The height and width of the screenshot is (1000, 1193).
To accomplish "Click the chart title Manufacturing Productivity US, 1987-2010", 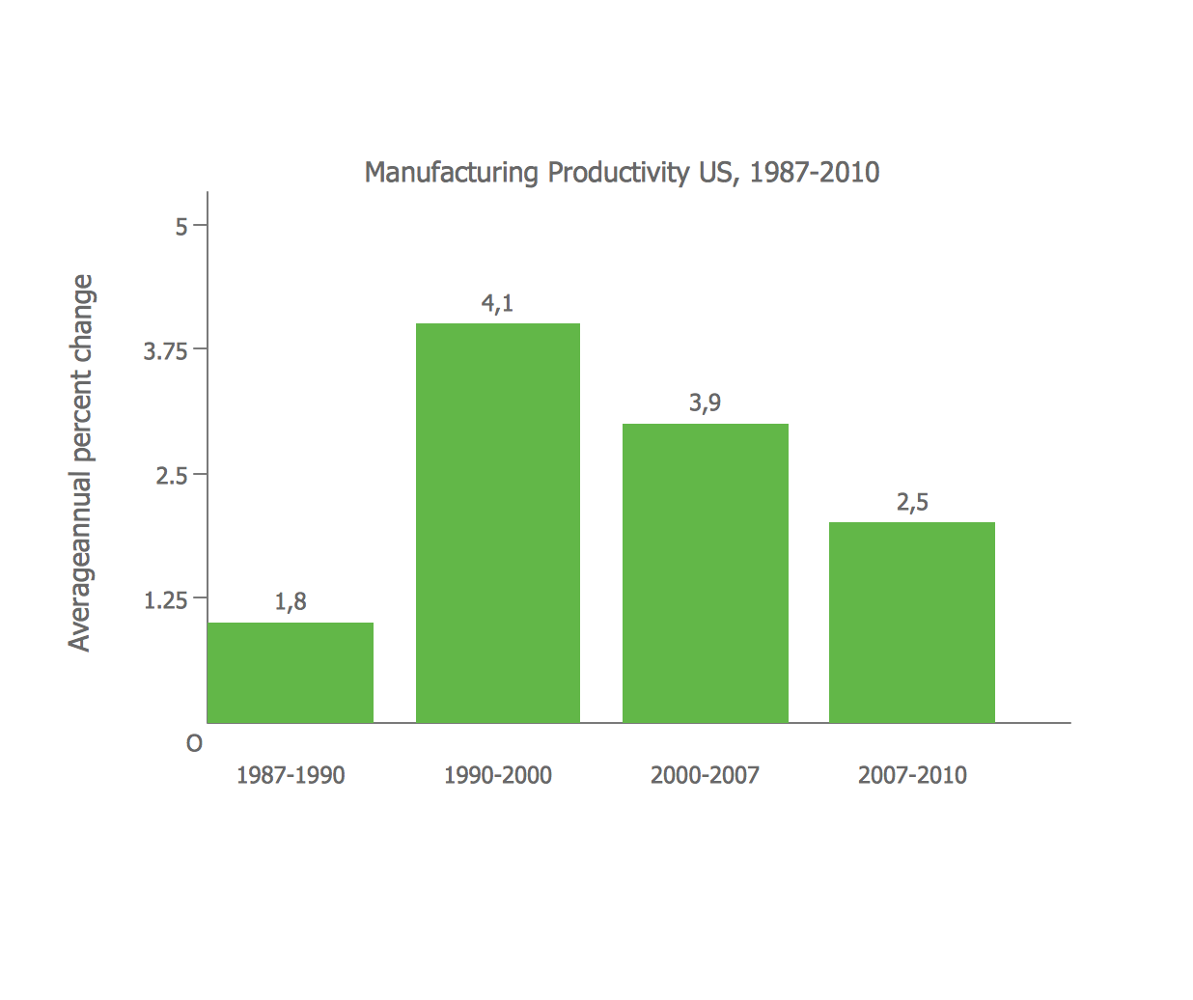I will point(622,173).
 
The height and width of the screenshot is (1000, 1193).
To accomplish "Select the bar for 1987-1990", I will point(291,673).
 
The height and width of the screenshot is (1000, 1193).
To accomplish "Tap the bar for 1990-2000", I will point(498,522).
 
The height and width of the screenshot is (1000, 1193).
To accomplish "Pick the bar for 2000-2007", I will point(706,572).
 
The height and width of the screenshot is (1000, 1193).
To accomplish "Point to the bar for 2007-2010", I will point(912,623).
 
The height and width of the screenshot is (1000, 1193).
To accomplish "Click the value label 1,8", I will point(291,602).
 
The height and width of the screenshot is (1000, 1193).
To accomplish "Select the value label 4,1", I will point(498,304).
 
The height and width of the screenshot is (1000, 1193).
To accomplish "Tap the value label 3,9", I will point(706,403).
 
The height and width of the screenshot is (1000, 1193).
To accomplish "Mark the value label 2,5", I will point(912,503).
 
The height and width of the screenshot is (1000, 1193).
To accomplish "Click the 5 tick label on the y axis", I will point(181,227).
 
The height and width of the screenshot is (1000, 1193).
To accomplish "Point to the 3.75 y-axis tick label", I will point(165,351).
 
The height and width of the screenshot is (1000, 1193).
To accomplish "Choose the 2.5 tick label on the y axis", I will point(172,476).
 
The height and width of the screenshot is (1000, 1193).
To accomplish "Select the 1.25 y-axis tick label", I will point(165,601).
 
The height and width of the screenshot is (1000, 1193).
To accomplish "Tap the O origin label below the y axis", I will point(195,744).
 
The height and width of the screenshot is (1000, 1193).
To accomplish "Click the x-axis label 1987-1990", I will point(291,776).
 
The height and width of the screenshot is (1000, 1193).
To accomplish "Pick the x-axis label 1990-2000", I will point(498,776).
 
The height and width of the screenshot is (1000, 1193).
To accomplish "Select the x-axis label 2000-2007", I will point(706,776).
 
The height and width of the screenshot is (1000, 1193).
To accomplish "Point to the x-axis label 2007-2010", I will point(912,776).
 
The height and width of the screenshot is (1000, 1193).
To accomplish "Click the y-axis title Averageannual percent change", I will point(81,463).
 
